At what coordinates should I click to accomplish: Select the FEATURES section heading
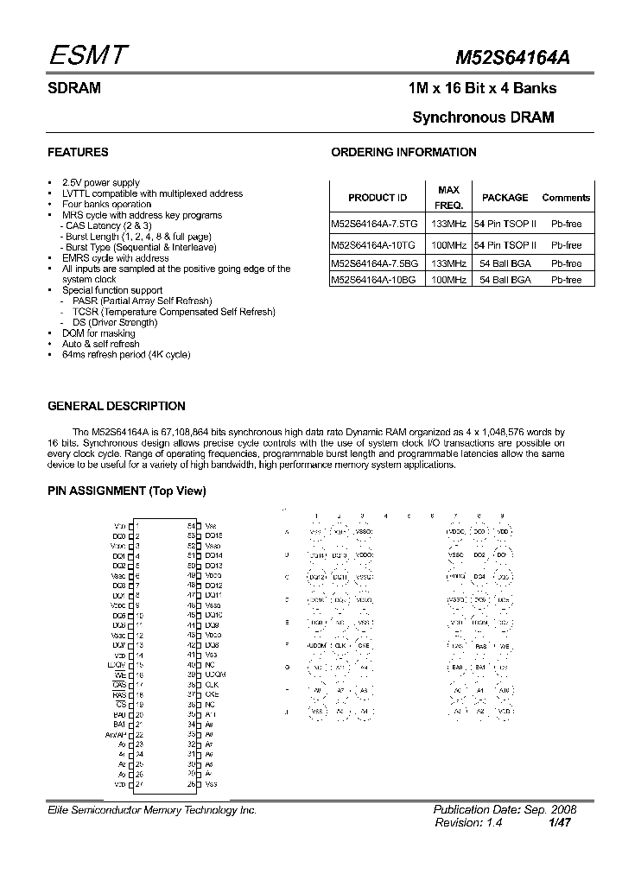tap(78, 152)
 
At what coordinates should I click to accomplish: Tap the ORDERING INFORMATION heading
tap(403, 152)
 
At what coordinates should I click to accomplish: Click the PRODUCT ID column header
tap(378, 198)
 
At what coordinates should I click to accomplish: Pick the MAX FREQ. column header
tap(449, 198)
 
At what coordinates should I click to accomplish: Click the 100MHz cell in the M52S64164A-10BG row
tap(449, 280)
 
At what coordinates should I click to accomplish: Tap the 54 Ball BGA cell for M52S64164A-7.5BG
tap(505, 263)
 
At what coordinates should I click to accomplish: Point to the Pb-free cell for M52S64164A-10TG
tap(567, 246)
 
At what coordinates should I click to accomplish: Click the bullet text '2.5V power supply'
tap(101, 183)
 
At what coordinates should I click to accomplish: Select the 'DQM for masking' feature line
tap(98, 333)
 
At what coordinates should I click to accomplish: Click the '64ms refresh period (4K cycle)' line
tap(126, 355)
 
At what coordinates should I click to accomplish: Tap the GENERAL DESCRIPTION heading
tap(116, 406)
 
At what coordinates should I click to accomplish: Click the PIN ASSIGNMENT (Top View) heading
tap(127, 491)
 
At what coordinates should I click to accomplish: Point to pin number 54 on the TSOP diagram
tap(191, 525)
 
